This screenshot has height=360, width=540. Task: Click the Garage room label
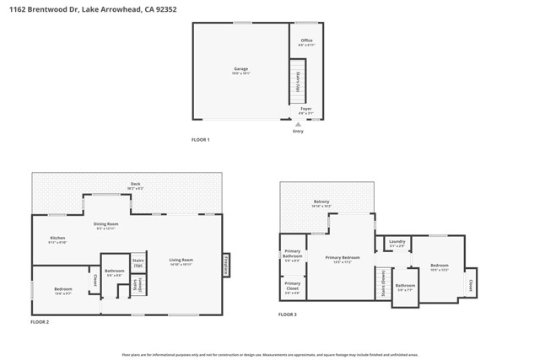pyautogui.click(x=240, y=69)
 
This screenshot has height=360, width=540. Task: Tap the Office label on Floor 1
pyautogui.click(x=307, y=41)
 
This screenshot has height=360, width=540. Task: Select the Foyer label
pyautogui.click(x=306, y=109)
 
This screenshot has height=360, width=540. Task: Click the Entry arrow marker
pyautogui.click(x=298, y=124)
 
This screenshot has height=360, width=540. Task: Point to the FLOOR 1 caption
pyautogui.click(x=200, y=139)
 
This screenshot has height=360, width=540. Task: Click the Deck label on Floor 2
pyautogui.click(x=135, y=185)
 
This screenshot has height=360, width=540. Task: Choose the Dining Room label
pyautogui.click(x=106, y=224)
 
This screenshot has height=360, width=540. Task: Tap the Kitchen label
pyautogui.click(x=57, y=239)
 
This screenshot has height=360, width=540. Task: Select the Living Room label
pyautogui.click(x=181, y=261)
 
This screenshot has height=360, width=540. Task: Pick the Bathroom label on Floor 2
pyautogui.click(x=114, y=271)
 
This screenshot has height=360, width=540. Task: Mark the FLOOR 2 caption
pyautogui.click(x=40, y=322)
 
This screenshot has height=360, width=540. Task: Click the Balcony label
pyautogui.click(x=321, y=202)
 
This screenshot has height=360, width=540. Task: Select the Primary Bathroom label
pyautogui.click(x=293, y=253)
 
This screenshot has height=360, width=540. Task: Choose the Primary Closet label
pyautogui.click(x=292, y=285)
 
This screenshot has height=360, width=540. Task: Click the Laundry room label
pyautogui.click(x=397, y=243)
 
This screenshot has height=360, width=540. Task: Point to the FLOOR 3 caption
pyautogui.click(x=288, y=314)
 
